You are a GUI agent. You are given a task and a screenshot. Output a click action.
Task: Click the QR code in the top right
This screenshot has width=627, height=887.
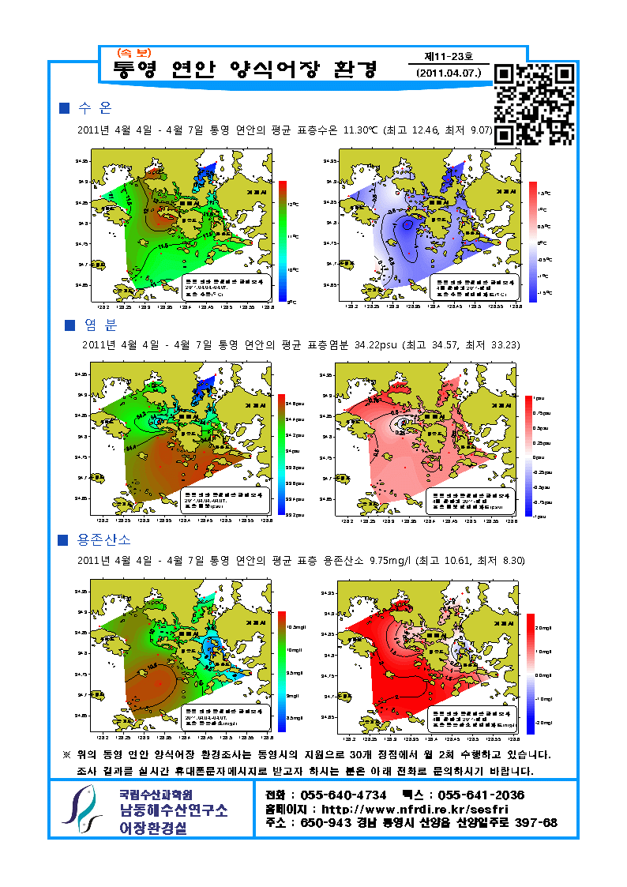coord(534,105)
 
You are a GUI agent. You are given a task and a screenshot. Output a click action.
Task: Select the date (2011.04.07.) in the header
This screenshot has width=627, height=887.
coord(448,73)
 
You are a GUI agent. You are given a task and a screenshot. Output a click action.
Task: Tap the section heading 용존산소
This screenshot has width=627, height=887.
coord(104,540)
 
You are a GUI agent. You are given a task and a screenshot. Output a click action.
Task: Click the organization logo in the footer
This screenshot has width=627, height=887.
coord(83,809)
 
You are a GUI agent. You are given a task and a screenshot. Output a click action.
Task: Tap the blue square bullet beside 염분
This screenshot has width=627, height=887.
coord(69,325)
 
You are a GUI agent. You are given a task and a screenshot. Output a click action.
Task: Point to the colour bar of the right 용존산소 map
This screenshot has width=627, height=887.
coord(530,672)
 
